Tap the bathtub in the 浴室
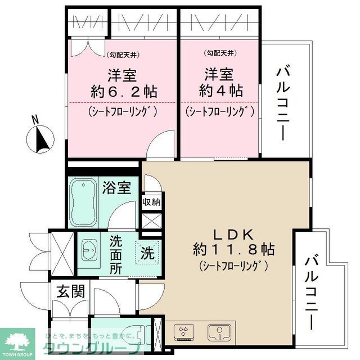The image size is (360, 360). (x=84, y=201)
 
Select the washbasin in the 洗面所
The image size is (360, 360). (x=90, y=247)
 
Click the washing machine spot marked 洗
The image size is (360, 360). (x=147, y=253)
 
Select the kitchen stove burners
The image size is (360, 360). (x=184, y=332)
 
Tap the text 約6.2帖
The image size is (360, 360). (x=123, y=92)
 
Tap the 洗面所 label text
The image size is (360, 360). (x=116, y=254)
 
